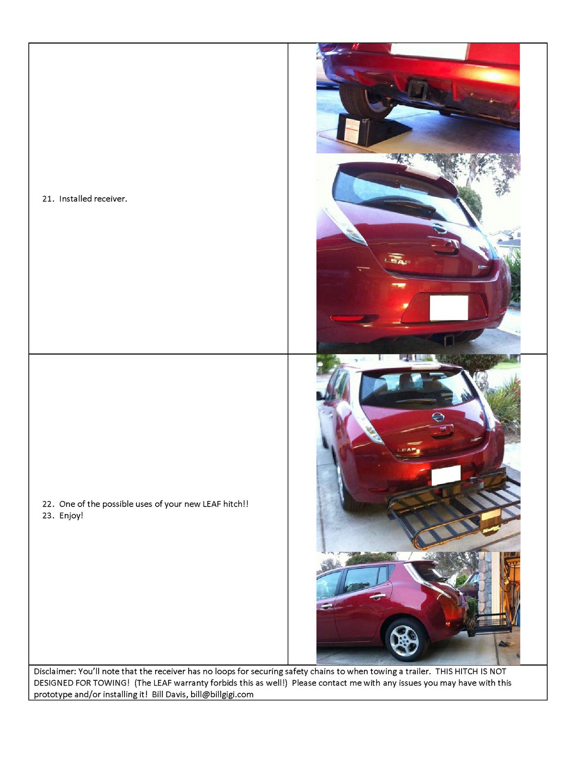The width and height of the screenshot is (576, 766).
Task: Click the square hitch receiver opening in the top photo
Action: pyautogui.click(x=418, y=90)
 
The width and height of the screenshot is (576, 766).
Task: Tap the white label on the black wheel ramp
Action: pyautogui.click(x=352, y=130)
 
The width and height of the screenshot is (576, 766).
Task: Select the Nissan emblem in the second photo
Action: pyautogui.click(x=439, y=229)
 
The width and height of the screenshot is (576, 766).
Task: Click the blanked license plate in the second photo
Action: pyautogui.click(x=449, y=307)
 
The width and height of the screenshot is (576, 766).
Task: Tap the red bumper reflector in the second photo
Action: pyautogui.click(x=349, y=318)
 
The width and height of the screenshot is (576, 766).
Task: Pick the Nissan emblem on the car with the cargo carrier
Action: pyautogui.click(x=438, y=417)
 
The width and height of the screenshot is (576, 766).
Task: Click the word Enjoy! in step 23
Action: pyautogui.click(x=71, y=516)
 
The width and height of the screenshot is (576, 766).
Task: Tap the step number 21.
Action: pyautogui.click(x=47, y=199)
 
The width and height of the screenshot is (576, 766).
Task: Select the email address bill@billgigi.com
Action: pyautogui.click(x=222, y=694)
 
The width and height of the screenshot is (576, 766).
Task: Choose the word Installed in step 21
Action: pyautogui.click(x=75, y=199)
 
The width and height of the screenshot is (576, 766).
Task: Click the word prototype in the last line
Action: pyautogui.click(x=53, y=694)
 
